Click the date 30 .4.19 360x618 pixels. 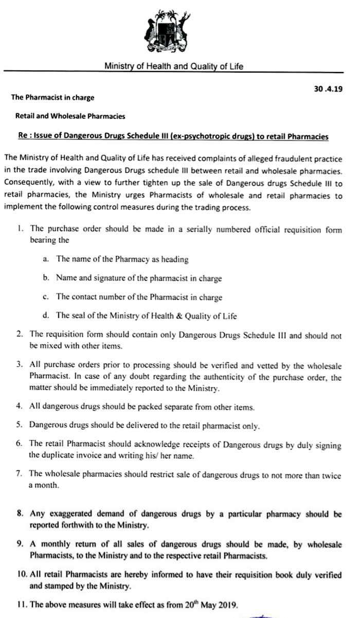(328, 88)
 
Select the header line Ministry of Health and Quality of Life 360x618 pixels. (174, 66)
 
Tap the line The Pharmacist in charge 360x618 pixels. (53, 97)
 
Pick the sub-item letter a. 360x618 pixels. (46, 259)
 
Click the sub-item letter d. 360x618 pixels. (46, 316)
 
